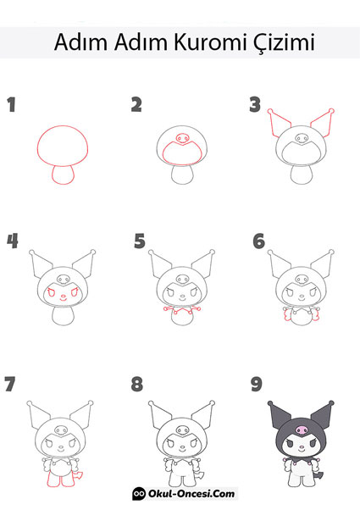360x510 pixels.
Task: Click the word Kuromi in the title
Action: pos(210,42)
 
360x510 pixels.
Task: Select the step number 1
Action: pos(12,105)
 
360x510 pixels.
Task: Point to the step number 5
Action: pos(140,241)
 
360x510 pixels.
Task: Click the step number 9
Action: pos(257,384)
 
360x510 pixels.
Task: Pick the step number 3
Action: pos(255,105)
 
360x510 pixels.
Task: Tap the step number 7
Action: pos(10,384)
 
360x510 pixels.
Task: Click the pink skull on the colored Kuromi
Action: pos(302,430)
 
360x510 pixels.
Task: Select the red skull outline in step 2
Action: pos(182,139)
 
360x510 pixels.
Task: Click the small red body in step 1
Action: pos(63,175)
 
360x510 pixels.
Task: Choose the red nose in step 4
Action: pos(64,296)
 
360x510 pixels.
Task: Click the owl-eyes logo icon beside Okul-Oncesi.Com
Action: pos(139,494)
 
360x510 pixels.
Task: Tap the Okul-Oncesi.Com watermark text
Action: pos(191,494)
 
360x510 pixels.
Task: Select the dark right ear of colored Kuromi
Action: pos(322,415)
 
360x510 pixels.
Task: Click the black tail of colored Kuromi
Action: pos(319,475)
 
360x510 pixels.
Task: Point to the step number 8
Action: pos(137,384)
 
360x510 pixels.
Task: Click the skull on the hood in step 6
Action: pos(302,280)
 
